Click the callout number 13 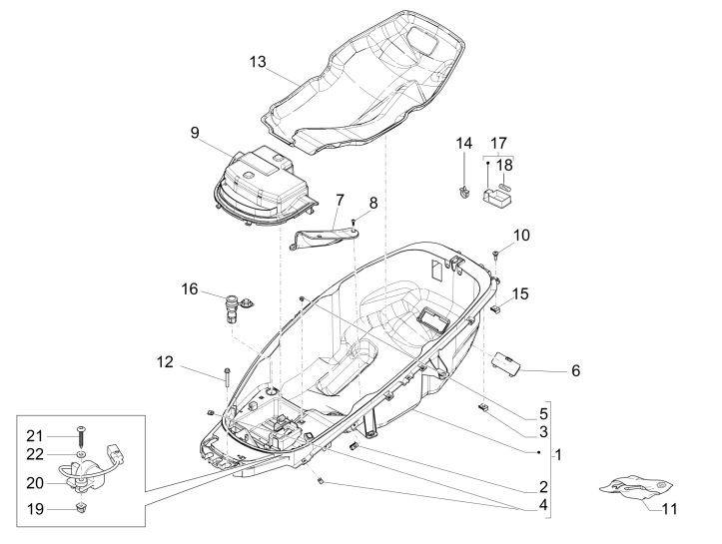(x=259, y=62)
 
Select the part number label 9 (x=195, y=130)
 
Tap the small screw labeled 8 (x=355, y=222)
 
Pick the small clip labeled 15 (x=496, y=309)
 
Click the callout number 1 (x=558, y=454)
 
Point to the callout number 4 (x=542, y=506)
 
